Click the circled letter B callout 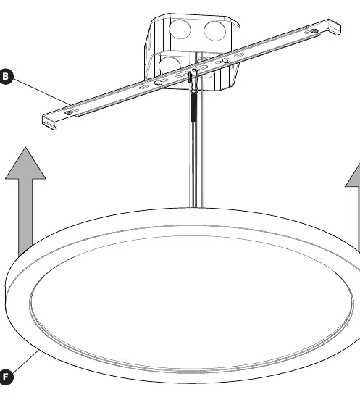coord(6,76)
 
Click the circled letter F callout coord(6,377)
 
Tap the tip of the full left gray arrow coord(25,147)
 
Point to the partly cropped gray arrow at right coord(354,208)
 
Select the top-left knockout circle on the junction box coord(180,29)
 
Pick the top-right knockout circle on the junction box coord(214,31)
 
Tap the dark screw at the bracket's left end coord(68,113)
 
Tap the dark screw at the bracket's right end coord(314,31)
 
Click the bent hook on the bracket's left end coord(49,123)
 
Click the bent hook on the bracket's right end coord(335,27)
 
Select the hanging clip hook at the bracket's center coord(193,80)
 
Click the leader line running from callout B coord(42,92)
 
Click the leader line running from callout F coord(25,362)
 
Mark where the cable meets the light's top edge coord(196,208)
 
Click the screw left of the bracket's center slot coord(159,83)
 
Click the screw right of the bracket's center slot coord(226,61)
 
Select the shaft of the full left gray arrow coord(25,217)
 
